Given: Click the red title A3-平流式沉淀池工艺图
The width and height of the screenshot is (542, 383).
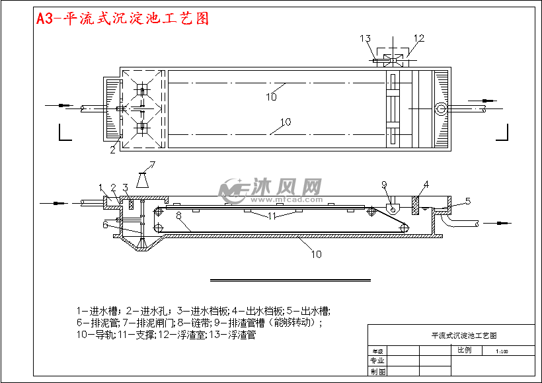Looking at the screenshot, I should coord(123,19).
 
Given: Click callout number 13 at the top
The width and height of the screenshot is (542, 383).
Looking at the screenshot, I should coord(366,38).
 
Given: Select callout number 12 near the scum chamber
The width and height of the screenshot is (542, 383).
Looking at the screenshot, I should coord(418,38).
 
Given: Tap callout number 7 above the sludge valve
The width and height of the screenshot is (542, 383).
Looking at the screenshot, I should coord(152,165).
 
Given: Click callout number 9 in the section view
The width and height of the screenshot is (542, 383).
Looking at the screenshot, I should coord(383,184).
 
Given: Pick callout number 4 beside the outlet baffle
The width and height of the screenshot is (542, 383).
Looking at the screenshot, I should coord(426,184).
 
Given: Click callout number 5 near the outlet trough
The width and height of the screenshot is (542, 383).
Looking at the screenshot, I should coord(467,200).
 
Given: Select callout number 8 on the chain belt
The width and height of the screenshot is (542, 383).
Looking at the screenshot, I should coord(178,215).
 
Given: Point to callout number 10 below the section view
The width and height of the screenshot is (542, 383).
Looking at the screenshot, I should coord(316,253).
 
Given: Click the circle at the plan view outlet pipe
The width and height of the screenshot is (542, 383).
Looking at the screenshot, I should coord(441,108).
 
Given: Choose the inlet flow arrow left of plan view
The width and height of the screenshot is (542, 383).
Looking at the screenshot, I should coord(58,105).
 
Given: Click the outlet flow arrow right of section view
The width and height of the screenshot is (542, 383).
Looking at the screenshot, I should coord(501,224).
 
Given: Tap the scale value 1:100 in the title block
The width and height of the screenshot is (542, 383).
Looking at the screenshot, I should coord(501,351).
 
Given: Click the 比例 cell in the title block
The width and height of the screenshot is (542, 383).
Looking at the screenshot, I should coord(465,350).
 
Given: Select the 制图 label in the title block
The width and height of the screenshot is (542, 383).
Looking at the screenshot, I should coord(377,372).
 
